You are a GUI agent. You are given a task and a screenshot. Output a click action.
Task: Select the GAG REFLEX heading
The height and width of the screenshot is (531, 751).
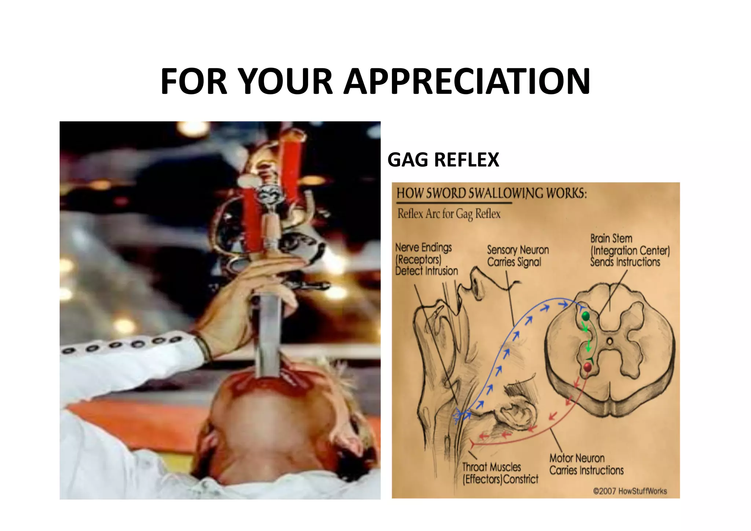(x=443, y=160)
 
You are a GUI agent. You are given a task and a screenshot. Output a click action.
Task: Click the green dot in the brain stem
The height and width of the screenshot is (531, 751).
(x=586, y=316)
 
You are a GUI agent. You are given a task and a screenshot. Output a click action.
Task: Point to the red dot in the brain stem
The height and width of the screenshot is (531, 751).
(x=587, y=367)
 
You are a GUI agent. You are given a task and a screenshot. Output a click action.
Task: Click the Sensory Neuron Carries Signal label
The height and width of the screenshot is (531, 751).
(x=517, y=256)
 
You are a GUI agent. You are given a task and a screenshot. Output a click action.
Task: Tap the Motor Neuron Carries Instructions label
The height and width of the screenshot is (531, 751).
(x=586, y=464)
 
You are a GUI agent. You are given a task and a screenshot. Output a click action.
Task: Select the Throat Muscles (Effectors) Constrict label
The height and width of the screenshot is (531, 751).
(x=500, y=473)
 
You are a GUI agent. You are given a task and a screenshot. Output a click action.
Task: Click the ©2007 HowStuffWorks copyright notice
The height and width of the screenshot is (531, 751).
(x=630, y=491)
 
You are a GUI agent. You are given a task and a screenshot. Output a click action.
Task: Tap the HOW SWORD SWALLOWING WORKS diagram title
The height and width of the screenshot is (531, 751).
(x=491, y=193)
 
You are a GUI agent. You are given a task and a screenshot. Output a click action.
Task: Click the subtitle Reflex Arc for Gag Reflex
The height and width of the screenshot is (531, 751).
(x=449, y=214)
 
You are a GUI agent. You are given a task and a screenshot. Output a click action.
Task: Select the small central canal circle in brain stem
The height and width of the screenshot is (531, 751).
(x=609, y=341)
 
